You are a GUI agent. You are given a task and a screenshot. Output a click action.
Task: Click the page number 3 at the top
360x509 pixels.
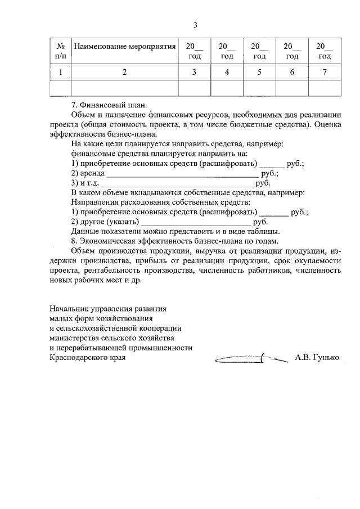[195, 25]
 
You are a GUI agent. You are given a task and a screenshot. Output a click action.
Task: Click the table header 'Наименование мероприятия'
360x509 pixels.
[125, 46]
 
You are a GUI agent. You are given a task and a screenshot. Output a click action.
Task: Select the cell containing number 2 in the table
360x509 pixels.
[125, 72]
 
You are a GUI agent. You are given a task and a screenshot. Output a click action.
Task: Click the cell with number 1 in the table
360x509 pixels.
[60, 72]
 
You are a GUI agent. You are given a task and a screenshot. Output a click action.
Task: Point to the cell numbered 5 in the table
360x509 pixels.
[259, 72]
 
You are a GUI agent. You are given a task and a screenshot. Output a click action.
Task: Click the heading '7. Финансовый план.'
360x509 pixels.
[108, 105]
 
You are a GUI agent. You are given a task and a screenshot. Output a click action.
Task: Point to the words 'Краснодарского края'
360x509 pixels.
[87, 357]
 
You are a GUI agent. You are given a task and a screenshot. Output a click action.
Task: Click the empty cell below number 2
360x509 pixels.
[125, 88]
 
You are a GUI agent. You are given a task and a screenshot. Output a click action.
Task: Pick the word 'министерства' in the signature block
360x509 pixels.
[73, 338]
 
